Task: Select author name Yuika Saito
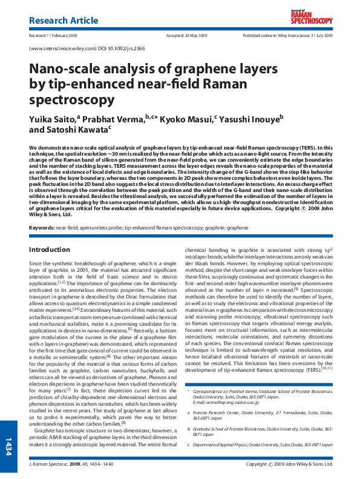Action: (59, 117)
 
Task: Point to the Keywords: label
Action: (41, 210)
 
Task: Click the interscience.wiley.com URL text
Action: (58, 47)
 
